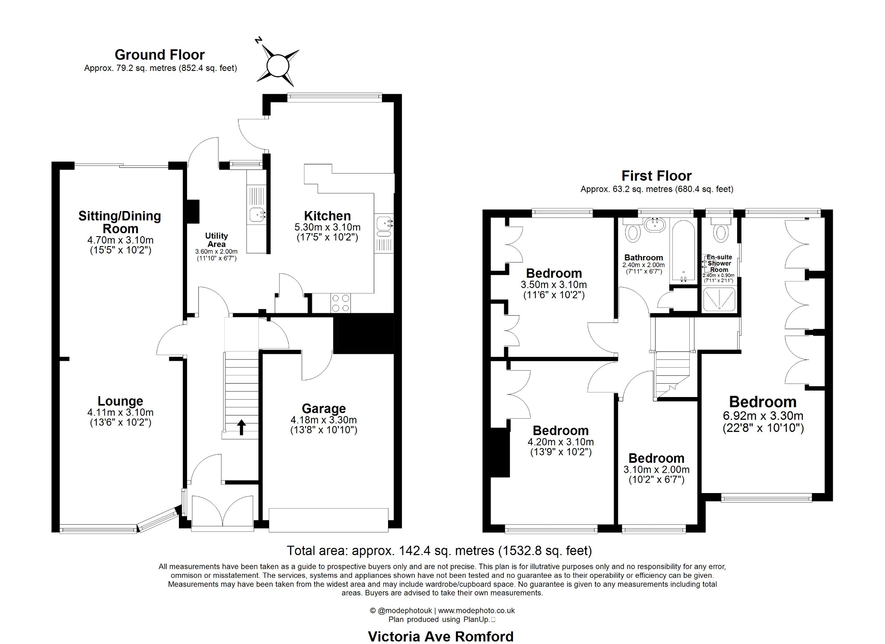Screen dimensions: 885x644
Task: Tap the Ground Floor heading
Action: [x=159, y=54]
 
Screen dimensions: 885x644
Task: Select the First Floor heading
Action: [x=656, y=176]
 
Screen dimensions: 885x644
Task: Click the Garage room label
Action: [x=324, y=408]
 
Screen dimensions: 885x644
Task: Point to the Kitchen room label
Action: [x=327, y=215]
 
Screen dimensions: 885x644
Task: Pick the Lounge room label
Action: [x=120, y=402]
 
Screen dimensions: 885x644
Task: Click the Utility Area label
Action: [x=216, y=240]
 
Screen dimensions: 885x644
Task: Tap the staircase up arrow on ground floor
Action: [x=242, y=427]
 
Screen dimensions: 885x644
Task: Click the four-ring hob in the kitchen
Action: [x=341, y=303]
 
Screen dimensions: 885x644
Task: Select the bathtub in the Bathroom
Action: [x=683, y=251]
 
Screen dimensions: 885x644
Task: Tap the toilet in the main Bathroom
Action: [x=633, y=231]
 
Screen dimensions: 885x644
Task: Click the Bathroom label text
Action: [x=643, y=257]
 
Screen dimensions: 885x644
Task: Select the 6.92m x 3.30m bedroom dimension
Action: [x=763, y=416]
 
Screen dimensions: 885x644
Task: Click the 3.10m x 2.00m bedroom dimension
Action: [x=656, y=470]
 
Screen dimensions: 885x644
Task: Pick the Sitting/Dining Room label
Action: [x=120, y=222]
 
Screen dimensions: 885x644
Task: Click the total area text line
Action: [x=439, y=551]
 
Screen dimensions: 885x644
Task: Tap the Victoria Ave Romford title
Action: [x=441, y=637]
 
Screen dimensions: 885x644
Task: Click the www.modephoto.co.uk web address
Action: [x=476, y=611]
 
